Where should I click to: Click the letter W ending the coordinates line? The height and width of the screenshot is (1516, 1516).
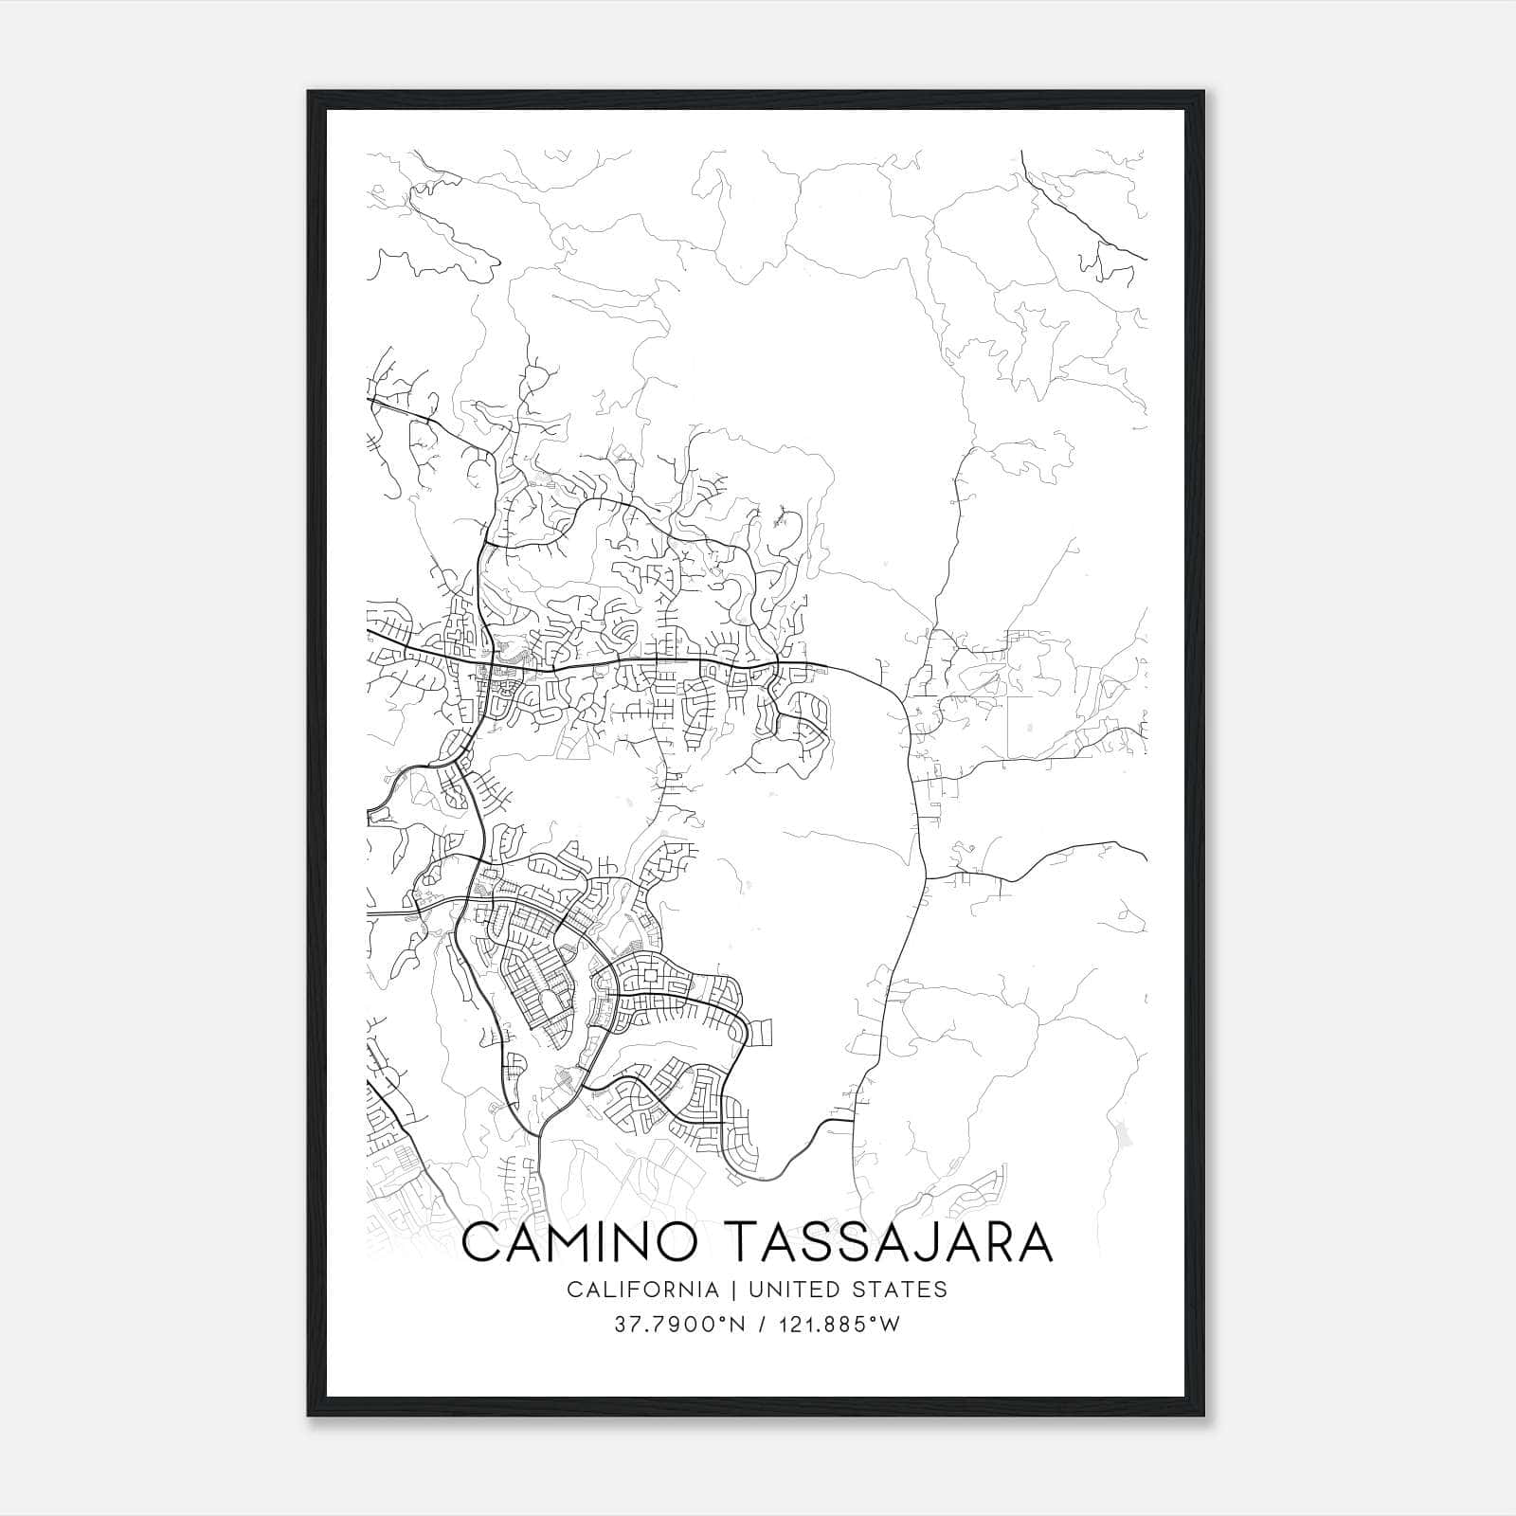(x=891, y=1325)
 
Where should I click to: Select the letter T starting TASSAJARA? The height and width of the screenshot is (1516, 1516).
(x=746, y=1242)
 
